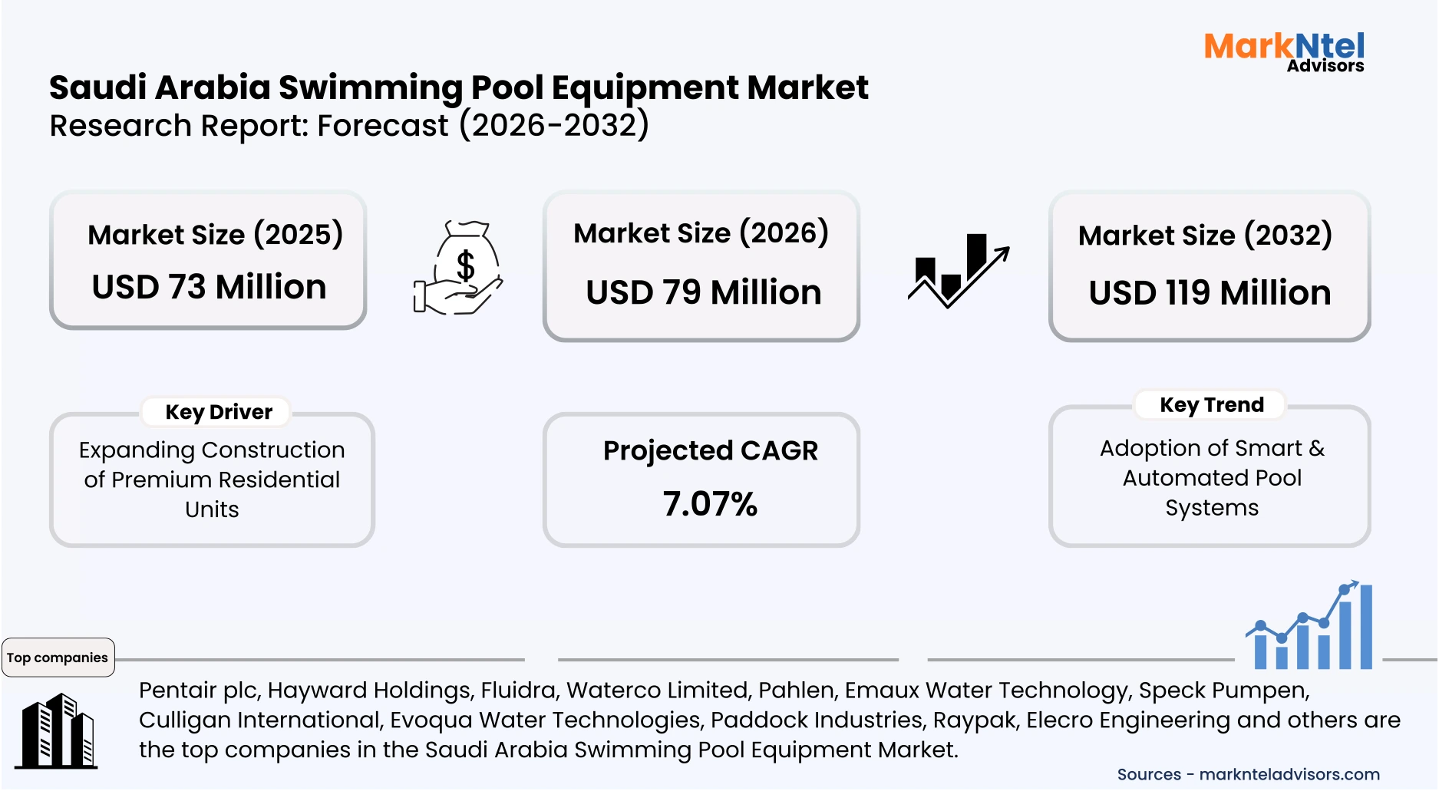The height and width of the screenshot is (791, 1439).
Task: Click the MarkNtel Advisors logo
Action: click(x=1284, y=51)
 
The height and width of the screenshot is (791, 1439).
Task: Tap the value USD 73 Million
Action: click(x=209, y=287)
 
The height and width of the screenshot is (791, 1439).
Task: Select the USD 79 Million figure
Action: click(x=703, y=292)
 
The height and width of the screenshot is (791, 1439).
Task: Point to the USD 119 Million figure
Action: click(x=1210, y=293)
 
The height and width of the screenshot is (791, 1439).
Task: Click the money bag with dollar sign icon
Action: click(x=459, y=268)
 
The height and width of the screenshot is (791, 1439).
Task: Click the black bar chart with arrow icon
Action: click(x=959, y=271)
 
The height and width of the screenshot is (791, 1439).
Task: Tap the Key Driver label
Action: click(x=219, y=412)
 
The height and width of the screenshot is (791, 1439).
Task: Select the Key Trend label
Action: click(x=1211, y=404)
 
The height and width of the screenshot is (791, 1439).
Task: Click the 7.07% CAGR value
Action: click(x=710, y=504)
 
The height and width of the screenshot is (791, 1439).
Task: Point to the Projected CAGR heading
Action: click(x=710, y=450)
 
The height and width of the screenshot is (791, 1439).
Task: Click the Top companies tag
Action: click(x=58, y=658)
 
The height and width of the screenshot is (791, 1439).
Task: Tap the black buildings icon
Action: click(x=58, y=731)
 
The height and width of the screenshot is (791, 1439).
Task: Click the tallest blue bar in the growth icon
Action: click(x=1365, y=626)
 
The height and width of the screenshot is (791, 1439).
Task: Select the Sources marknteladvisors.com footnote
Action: click(x=1248, y=774)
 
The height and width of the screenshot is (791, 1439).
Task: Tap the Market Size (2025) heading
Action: click(x=215, y=235)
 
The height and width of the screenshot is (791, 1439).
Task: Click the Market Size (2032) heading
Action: click(x=1205, y=235)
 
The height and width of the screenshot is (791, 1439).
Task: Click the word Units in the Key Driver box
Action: click(x=212, y=509)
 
